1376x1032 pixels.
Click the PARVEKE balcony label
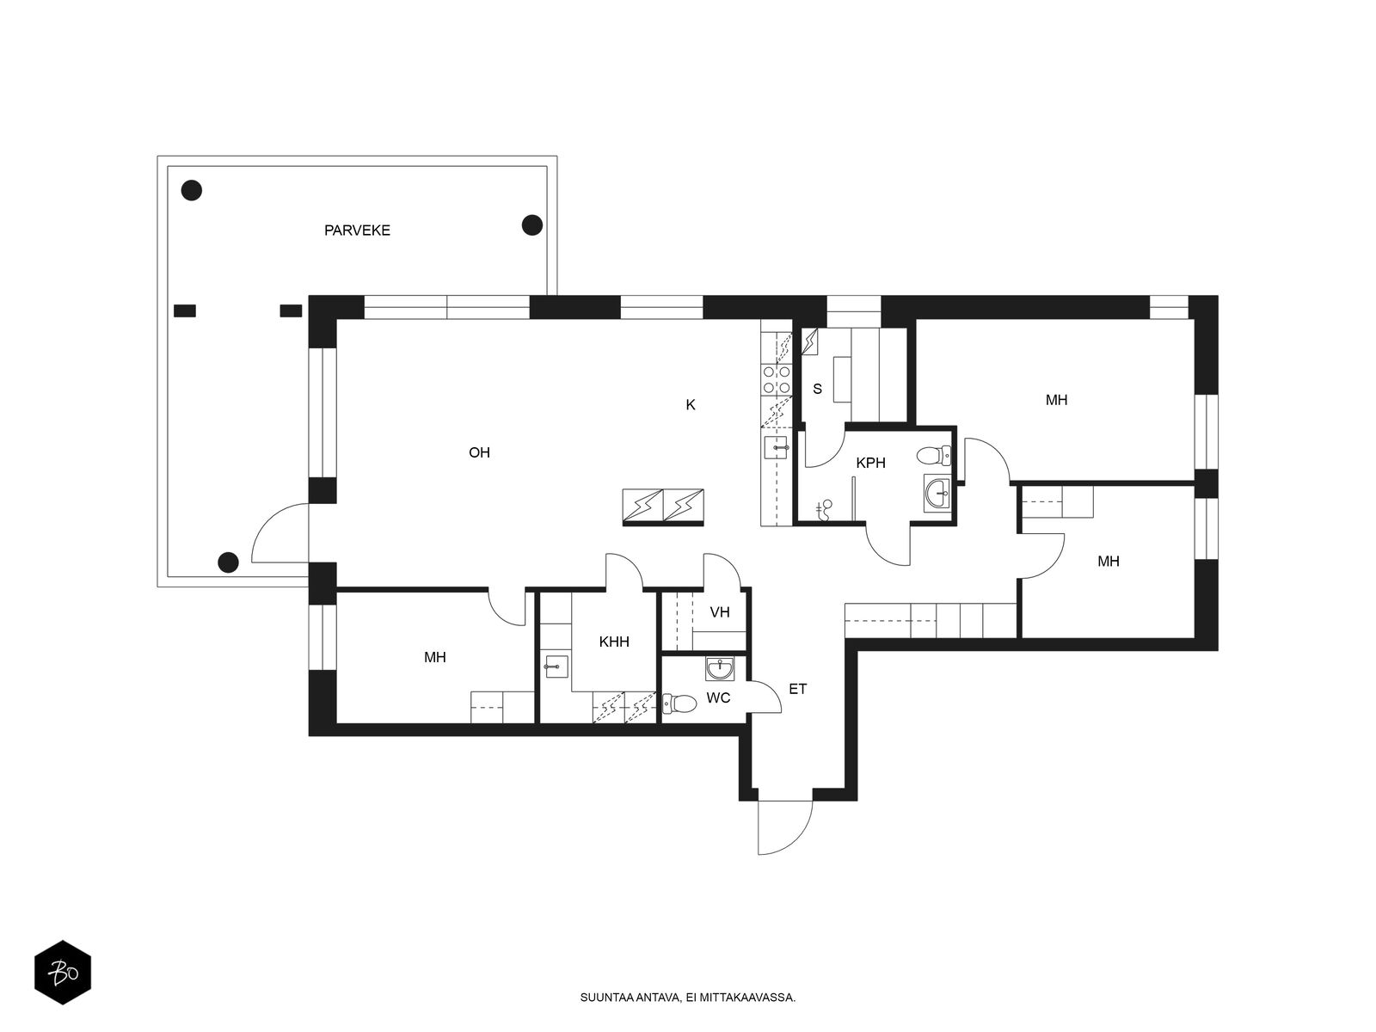click(x=357, y=230)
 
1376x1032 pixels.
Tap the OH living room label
click(x=479, y=452)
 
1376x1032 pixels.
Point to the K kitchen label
click(x=691, y=405)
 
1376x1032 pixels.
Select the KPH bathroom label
click(x=870, y=463)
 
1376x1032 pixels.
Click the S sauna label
click(x=817, y=389)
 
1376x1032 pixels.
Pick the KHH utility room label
click(x=614, y=642)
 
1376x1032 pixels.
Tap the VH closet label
click(x=720, y=612)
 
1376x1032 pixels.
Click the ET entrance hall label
click(x=797, y=689)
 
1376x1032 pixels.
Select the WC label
click(x=718, y=698)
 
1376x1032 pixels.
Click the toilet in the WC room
click(x=679, y=703)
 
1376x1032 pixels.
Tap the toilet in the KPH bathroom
click(x=933, y=456)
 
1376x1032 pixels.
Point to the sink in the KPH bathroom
click(x=937, y=493)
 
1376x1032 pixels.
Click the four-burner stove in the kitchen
click(x=776, y=380)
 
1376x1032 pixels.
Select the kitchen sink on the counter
click(x=776, y=447)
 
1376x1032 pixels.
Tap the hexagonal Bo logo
click(x=63, y=973)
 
